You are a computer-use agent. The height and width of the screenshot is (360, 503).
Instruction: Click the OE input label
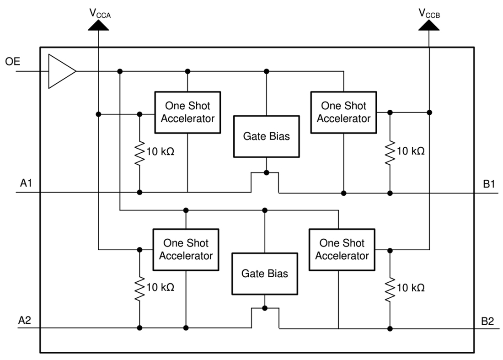click(x=13, y=61)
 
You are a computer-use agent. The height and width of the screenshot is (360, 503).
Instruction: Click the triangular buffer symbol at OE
click(x=61, y=71)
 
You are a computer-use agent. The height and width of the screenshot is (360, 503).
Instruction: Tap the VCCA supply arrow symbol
click(x=99, y=26)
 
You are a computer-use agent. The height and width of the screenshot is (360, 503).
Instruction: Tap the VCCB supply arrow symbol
click(x=429, y=26)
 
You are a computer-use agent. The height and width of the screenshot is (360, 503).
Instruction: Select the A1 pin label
click(x=26, y=183)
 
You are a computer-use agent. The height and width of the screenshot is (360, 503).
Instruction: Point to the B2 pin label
click(x=487, y=320)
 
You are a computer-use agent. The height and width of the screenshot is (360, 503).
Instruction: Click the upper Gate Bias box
click(x=266, y=136)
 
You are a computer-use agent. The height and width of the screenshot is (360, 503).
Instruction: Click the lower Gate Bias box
click(x=265, y=273)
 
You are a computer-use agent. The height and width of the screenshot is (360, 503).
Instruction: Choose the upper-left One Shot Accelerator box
click(x=187, y=112)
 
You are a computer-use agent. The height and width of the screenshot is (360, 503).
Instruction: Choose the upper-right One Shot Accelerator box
click(x=343, y=112)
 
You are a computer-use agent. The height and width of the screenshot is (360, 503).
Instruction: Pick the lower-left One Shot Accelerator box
click(x=186, y=249)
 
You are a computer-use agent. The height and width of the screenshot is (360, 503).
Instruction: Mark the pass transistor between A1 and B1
click(x=265, y=182)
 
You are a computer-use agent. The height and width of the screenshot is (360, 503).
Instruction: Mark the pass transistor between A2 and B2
click(x=265, y=317)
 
